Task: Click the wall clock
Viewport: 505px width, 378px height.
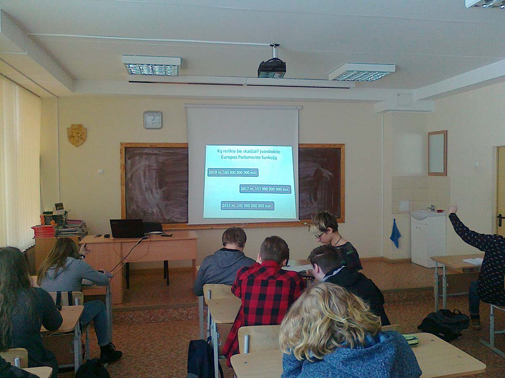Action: (x=153, y=120)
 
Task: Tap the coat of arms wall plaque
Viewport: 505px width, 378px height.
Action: (x=77, y=135)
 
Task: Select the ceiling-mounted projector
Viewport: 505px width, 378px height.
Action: (x=272, y=68)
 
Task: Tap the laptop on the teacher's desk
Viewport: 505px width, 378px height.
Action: (x=127, y=228)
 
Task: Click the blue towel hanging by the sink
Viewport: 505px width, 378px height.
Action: (x=395, y=234)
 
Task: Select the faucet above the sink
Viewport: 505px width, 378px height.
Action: (x=431, y=208)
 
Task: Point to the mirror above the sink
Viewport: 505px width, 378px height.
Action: (x=437, y=153)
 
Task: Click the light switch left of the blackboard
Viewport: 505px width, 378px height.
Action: (x=101, y=171)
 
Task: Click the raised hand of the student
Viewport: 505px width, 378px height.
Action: (x=453, y=210)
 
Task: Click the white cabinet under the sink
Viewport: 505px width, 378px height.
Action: (x=428, y=241)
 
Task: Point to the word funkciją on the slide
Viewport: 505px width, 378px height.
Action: (x=269, y=157)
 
